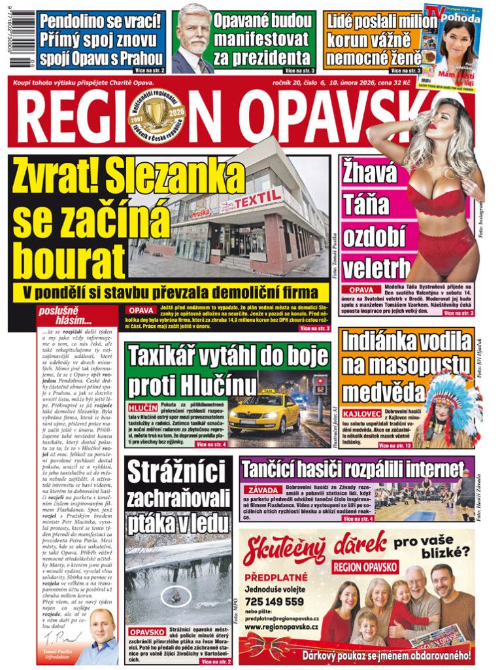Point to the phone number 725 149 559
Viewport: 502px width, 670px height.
coord(275,601)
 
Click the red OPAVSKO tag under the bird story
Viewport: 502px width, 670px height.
coord(147,633)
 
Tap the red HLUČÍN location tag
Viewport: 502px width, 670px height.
coord(142,407)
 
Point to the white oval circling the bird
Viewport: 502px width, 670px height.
coord(176,595)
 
